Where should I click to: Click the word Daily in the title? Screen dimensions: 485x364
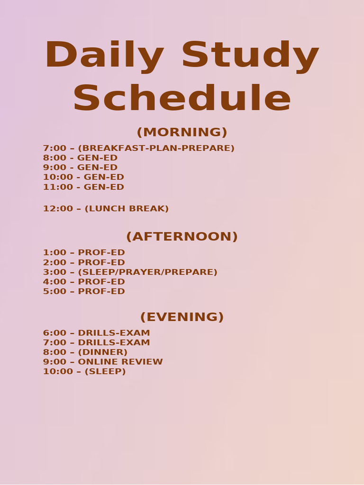pos(104,56)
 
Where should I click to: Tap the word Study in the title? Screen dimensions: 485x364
pos(250,56)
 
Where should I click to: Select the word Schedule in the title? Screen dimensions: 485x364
pos(182,99)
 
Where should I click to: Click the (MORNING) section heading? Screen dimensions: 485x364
pos(182,132)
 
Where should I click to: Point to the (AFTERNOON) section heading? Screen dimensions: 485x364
pos(182,236)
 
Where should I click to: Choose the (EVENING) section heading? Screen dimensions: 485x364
pos(182,317)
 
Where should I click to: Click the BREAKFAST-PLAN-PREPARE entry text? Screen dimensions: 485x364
pos(156,148)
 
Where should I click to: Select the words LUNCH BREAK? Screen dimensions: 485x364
pos(127,209)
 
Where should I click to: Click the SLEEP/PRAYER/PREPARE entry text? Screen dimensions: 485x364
pos(147,272)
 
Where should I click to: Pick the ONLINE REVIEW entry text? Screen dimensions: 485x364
pos(120,362)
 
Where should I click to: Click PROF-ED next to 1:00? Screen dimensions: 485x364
pos(101,253)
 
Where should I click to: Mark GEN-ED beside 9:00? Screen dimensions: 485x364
pos(97,168)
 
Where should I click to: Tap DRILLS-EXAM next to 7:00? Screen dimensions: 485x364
pos(114,342)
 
